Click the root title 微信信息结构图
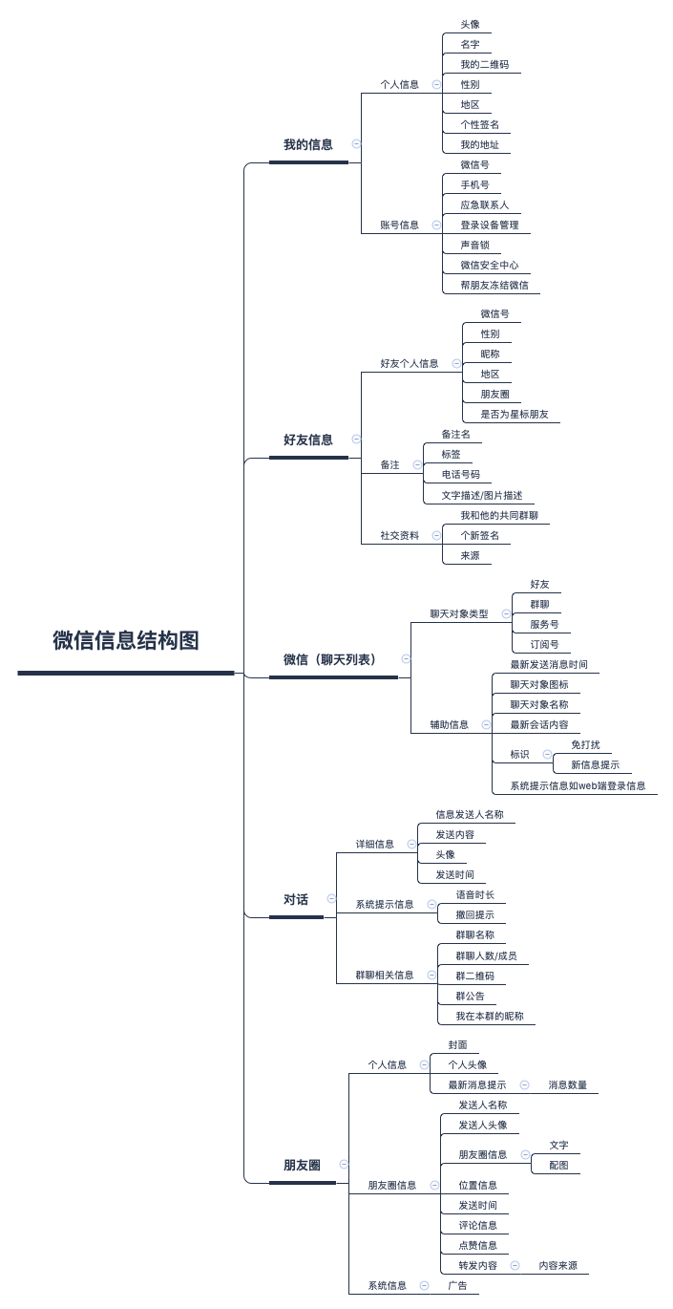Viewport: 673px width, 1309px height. (126, 640)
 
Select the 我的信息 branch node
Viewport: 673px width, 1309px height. (308, 144)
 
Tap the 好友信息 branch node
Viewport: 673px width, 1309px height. (308, 440)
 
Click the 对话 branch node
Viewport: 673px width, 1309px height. (296, 899)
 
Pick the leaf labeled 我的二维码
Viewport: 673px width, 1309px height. (484, 64)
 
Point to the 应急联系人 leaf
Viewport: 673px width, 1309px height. (484, 204)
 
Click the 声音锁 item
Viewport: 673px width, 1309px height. (474, 245)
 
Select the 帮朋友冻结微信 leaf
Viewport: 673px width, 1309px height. (494, 285)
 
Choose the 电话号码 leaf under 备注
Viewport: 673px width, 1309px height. (460, 474)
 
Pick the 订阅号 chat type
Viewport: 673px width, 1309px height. (544, 644)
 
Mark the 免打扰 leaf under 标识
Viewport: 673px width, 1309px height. (585, 744)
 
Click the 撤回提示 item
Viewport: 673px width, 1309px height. (474, 914)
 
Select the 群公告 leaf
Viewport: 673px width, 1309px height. (470, 996)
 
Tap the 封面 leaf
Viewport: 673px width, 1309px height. (457, 1044)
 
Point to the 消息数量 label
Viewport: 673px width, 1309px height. (567, 1085)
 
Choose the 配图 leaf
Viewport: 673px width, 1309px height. (558, 1166)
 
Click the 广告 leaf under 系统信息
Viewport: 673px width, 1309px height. (457, 1286)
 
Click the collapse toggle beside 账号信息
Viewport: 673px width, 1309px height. (436, 225)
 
